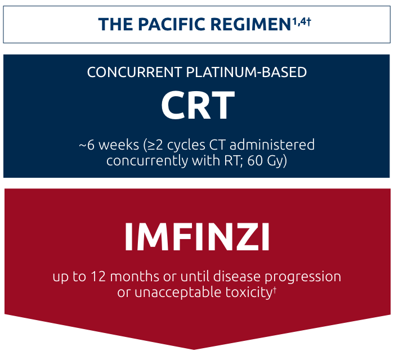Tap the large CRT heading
197,106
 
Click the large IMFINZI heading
197,238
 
